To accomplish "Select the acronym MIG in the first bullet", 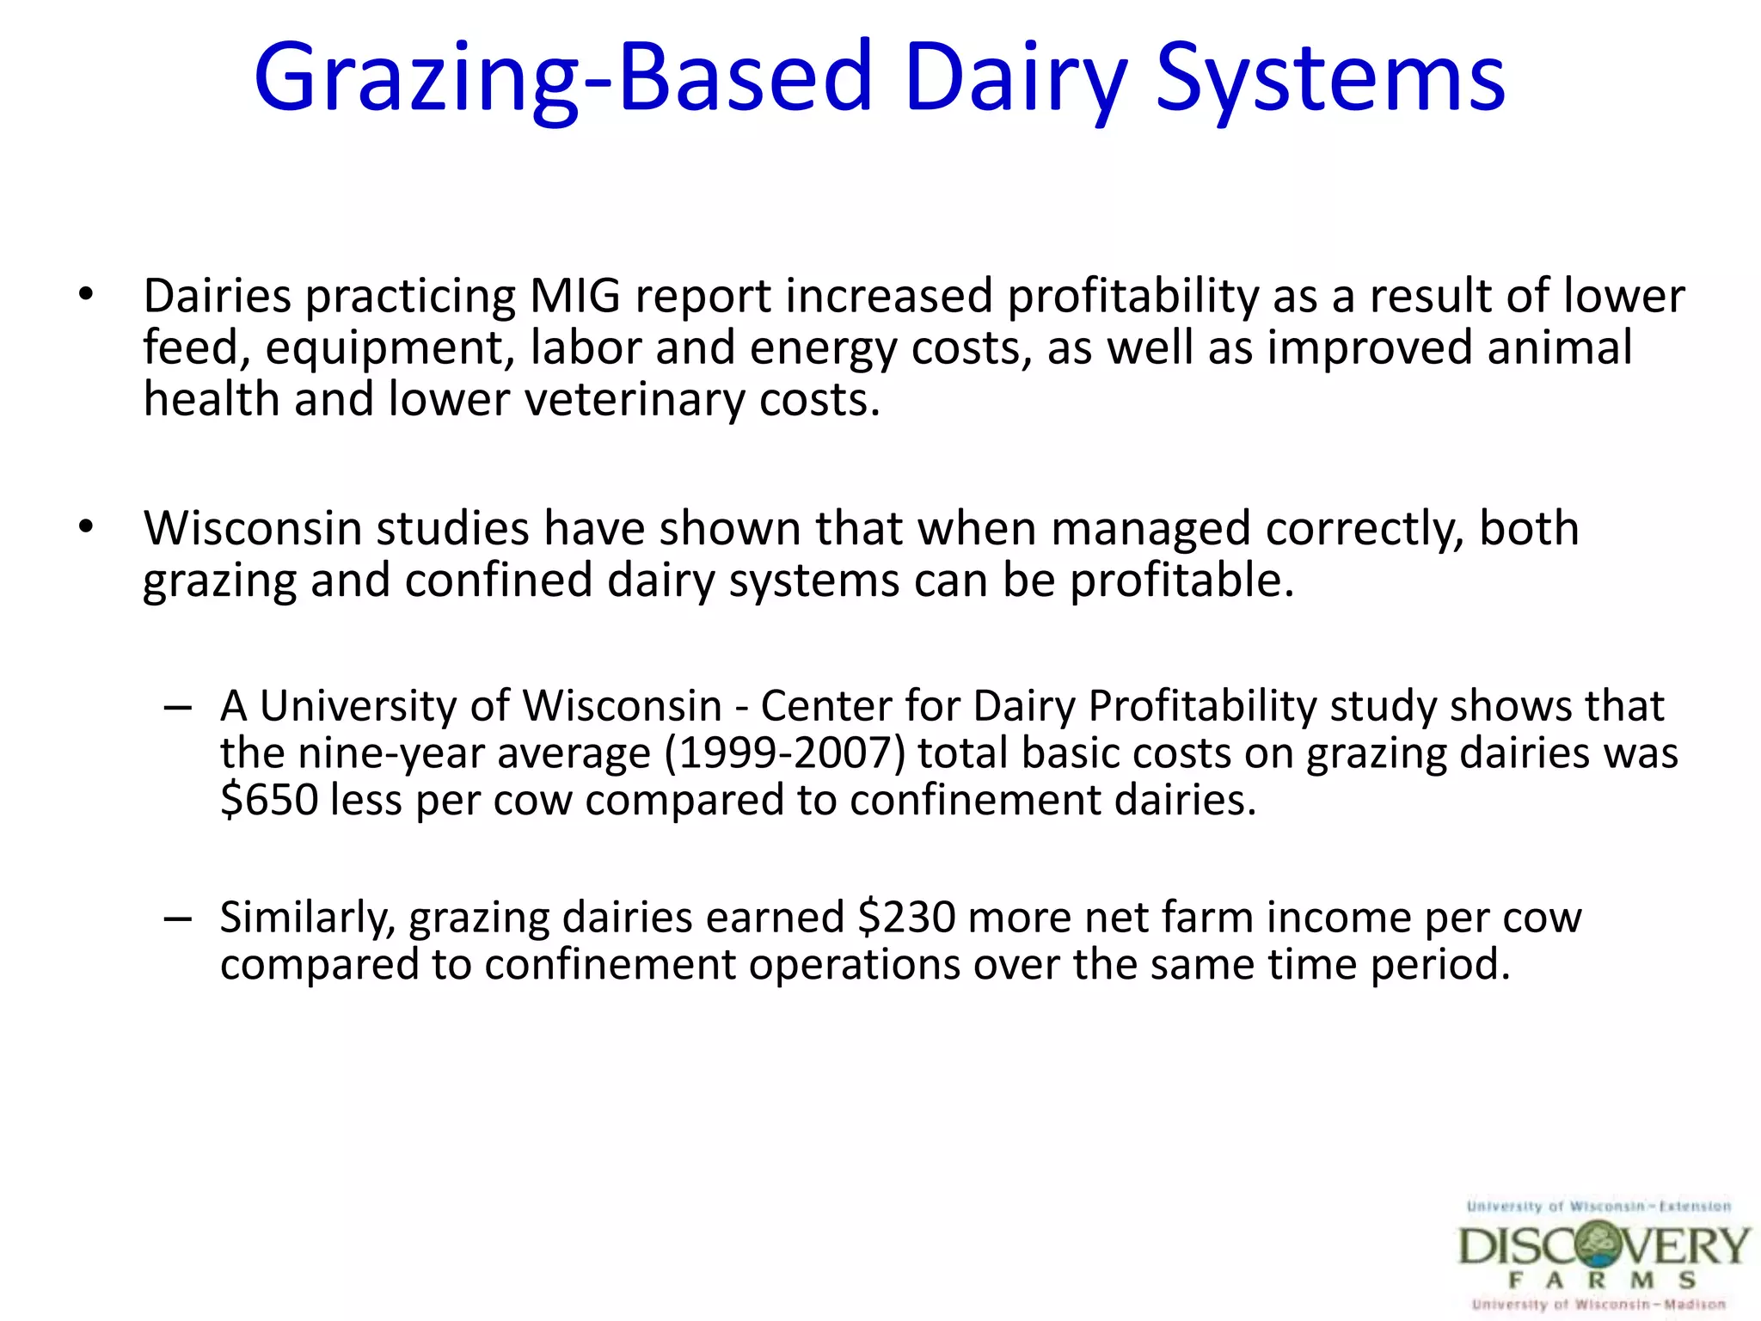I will click(x=574, y=297).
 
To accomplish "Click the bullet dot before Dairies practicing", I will click(x=85, y=295).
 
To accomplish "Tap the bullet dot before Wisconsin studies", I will click(x=85, y=527).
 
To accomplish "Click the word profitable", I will click(x=1181, y=581).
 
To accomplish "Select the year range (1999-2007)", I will click(x=784, y=753).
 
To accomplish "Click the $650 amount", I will click(x=269, y=800).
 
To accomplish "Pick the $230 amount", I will click(x=906, y=917).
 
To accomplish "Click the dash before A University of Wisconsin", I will click(x=177, y=708).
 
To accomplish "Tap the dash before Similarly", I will click(x=177, y=919).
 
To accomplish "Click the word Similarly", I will click(x=307, y=917).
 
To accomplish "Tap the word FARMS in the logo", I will click(x=1601, y=1281).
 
